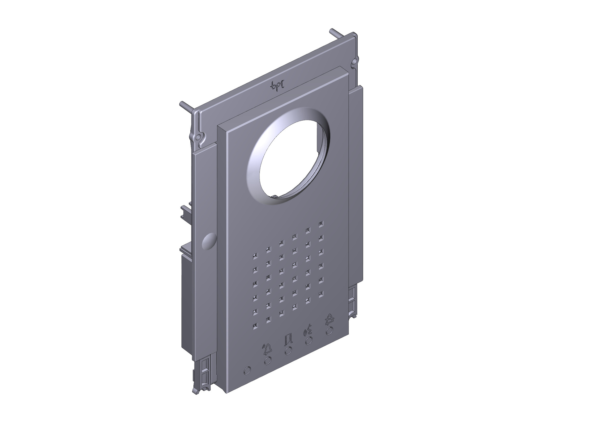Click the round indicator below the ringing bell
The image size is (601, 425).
coord(267,360)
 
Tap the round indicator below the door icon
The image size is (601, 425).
coord(288,350)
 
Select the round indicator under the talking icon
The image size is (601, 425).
coord(309,340)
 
